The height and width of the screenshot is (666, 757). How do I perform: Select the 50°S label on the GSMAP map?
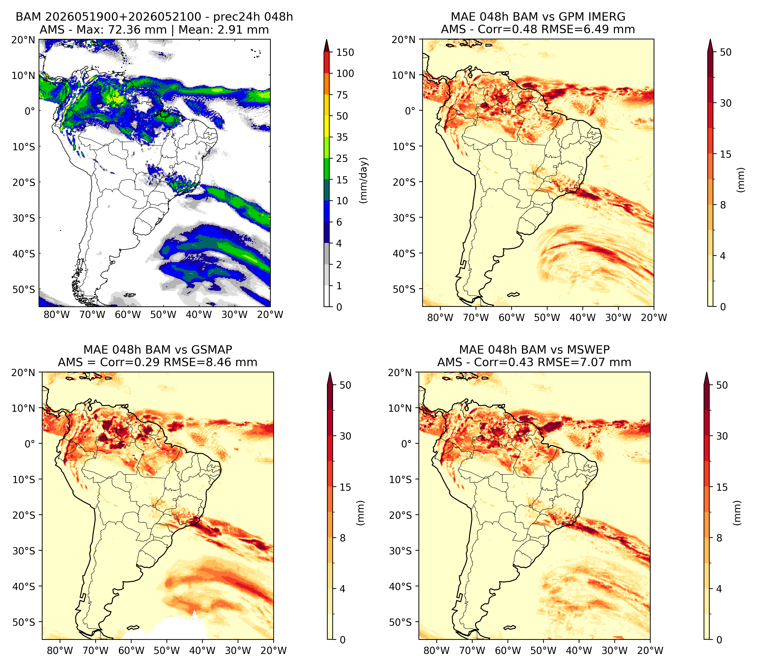pyautogui.click(x=24, y=622)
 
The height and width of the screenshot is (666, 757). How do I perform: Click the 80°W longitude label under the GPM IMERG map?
pyautogui.click(x=440, y=317)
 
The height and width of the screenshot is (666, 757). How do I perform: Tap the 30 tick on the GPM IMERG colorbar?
pyautogui.click(x=726, y=103)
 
